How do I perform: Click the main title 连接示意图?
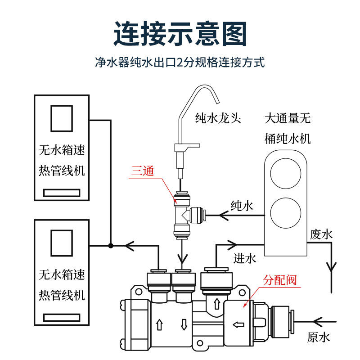(x=180, y=33)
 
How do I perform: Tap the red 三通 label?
(x=143, y=171)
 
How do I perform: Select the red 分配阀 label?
(x=279, y=280)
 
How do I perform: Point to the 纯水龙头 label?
(x=218, y=118)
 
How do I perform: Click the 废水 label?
(x=321, y=234)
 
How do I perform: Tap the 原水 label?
(x=319, y=337)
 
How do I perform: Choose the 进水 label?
(x=245, y=258)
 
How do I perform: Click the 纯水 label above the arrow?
(x=242, y=206)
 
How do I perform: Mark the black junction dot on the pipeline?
(x=111, y=246)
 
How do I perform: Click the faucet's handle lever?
(x=187, y=147)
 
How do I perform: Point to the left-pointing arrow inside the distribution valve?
(x=238, y=324)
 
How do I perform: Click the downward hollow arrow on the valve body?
(x=184, y=324)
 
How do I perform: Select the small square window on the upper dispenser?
(x=62, y=118)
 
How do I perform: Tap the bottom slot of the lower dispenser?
(x=62, y=318)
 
